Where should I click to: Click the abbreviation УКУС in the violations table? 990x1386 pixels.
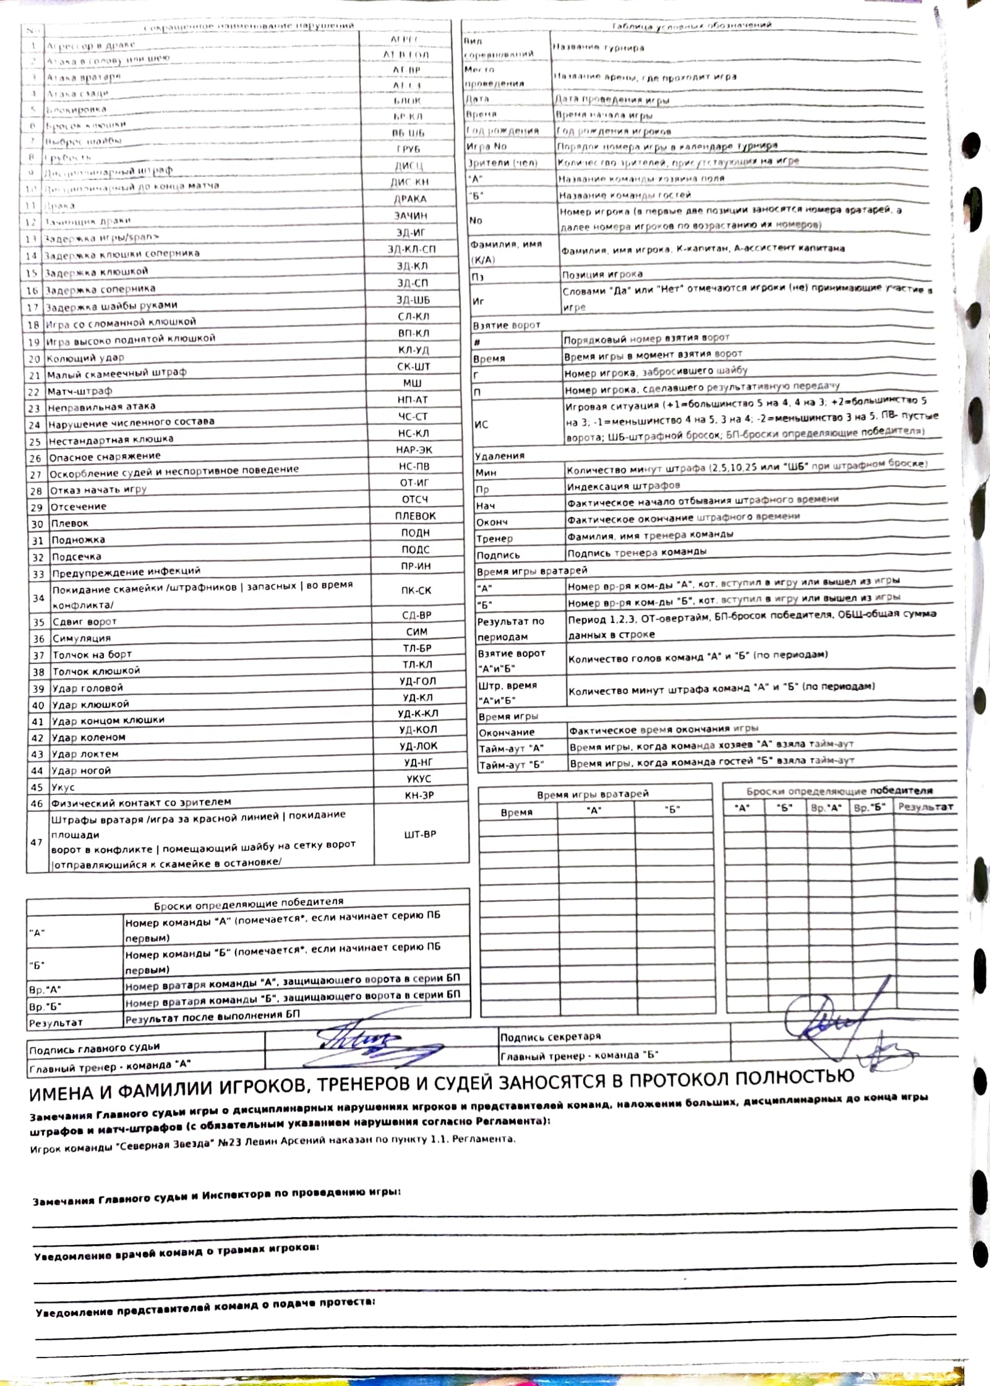[418, 779]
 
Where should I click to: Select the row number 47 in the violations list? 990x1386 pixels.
[37, 842]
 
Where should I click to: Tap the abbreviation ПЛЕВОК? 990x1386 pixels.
[415, 516]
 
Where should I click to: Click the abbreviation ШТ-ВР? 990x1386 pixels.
[419, 834]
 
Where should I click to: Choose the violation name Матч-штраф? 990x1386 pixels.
[79, 391]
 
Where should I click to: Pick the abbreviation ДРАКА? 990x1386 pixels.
[410, 199]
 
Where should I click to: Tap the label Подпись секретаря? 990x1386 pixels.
[550, 1036]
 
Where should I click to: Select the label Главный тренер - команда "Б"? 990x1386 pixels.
[579, 1055]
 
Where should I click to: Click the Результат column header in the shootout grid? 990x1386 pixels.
[925, 806]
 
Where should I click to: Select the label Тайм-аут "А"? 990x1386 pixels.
[511, 748]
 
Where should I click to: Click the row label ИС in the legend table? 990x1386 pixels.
[481, 425]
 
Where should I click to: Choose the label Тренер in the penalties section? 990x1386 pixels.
[494, 539]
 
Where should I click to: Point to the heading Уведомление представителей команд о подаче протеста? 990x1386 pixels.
[205, 1307]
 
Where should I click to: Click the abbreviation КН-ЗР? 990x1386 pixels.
[419, 796]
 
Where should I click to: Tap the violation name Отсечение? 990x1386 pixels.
[79, 507]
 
